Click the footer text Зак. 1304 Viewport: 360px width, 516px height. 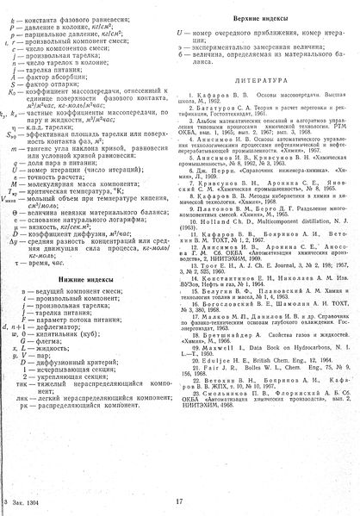tap(26, 499)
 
